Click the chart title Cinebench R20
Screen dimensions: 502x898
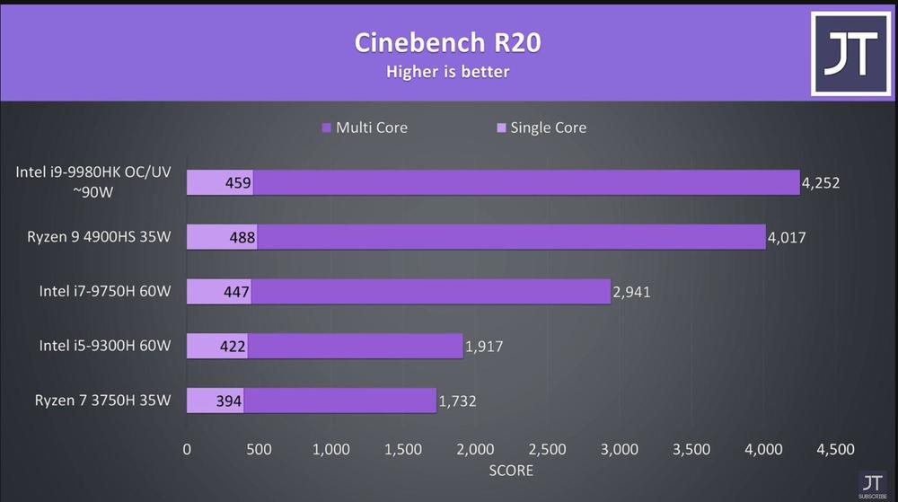click(448, 41)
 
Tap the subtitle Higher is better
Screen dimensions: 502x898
click(448, 71)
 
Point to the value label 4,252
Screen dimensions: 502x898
click(821, 183)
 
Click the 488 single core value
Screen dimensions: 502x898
click(242, 238)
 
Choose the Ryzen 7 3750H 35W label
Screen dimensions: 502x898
click(102, 401)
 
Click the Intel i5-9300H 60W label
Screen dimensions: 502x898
click(104, 346)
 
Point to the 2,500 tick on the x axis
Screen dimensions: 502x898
click(548, 449)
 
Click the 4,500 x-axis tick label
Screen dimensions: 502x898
click(835, 449)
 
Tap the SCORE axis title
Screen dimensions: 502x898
click(511, 471)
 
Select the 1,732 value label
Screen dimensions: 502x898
click(458, 401)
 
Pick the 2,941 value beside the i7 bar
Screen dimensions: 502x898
click(632, 292)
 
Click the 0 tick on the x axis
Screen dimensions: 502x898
click(187, 449)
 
